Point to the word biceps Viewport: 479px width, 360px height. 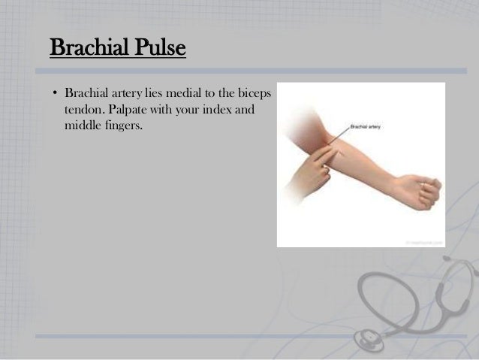tap(257, 95)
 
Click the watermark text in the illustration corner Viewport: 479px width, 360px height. tap(426, 242)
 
